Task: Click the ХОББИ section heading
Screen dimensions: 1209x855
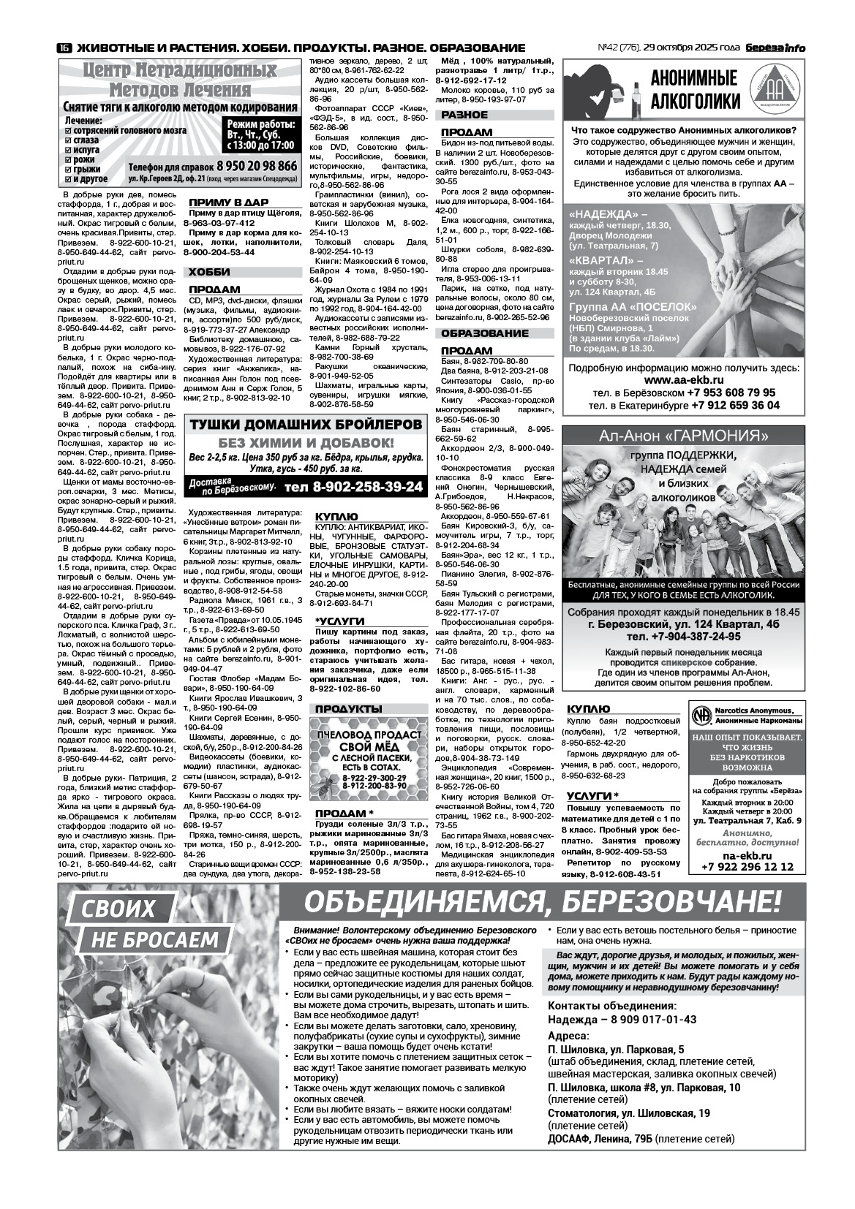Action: (209, 272)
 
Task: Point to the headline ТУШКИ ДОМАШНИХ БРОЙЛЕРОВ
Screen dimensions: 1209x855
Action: (306, 425)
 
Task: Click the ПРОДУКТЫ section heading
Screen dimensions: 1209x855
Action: (348, 709)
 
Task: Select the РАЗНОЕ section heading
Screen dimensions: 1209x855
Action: (464, 115)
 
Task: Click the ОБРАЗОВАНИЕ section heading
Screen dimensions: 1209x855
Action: (484, 333)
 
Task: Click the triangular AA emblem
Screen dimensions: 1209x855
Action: (777, 91)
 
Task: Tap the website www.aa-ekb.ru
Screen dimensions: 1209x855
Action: (684, 381)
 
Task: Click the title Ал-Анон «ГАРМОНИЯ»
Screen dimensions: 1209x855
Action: (683, 436)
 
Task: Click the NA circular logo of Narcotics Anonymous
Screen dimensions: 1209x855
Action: (702, 713)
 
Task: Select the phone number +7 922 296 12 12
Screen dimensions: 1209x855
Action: (747, 867)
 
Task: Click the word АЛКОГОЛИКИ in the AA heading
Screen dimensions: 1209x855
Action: (695, 101)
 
